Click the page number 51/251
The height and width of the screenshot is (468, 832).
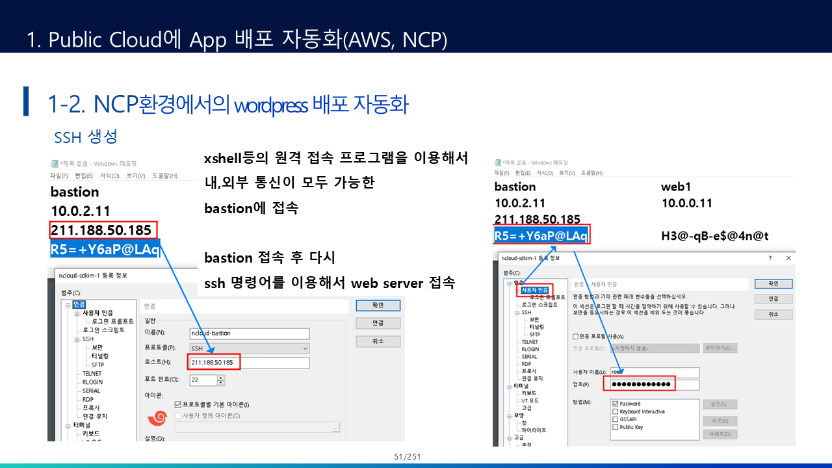[408, 457]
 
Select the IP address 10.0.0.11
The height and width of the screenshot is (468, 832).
[686, 203]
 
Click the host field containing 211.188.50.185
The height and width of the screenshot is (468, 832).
[249, 362]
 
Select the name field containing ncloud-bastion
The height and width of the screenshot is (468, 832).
[249, 333]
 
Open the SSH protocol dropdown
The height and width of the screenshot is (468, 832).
[249, 348]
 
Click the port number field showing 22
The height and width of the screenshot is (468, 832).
[203, 379]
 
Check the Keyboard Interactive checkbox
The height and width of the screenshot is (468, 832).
[615, 411]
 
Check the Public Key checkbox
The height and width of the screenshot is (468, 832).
[615, 427]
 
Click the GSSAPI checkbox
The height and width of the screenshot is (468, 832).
[615, 419]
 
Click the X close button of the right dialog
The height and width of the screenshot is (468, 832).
[788, 258]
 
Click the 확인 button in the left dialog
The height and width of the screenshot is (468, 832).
[378, 305]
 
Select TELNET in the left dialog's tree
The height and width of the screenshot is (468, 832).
[92, 374]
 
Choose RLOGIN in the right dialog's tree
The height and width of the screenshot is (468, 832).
[530, 349]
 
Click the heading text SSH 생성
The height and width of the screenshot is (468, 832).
[86, 137]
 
